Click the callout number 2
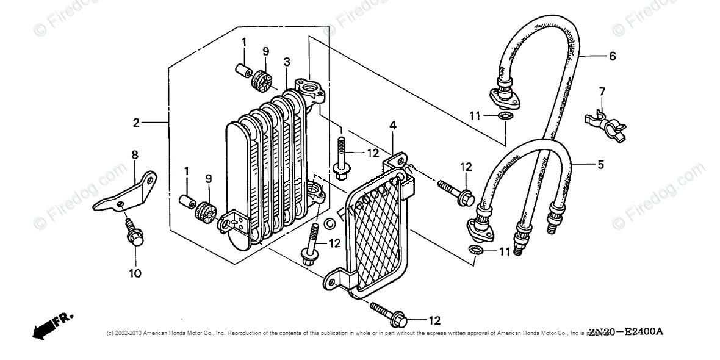click(x=136, y=123)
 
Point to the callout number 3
click(x=286, y=61)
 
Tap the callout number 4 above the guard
click(x=393, y=126)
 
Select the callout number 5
click(x=600, y=164)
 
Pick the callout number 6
click(x=612, y=56)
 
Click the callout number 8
click(x=135, y=156)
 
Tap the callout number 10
click(x=135, y=273)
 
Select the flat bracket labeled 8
click(x=125, y=192)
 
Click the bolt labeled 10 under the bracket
click(x=133, y=235)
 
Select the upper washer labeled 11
click(x=505, y=116)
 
